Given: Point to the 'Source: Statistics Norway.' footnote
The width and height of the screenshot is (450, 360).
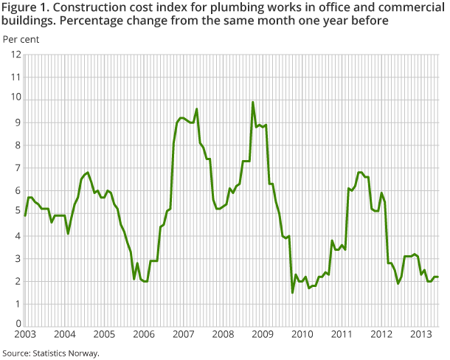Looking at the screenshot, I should (x=50, y=353).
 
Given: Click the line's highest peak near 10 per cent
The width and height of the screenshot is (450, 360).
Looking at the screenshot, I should (x=253, y=103).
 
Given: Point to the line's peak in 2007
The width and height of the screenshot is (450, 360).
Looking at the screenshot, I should (x=197, y=109).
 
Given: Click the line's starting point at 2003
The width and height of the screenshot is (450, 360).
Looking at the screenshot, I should (x=25, y=215).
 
